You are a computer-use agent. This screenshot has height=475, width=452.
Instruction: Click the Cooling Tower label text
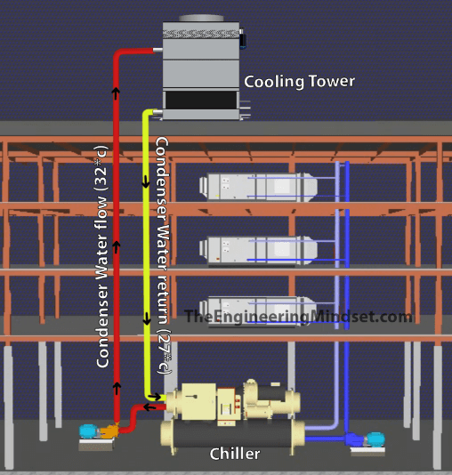(299, 82)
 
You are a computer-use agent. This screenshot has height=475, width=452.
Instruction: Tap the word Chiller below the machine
(235, 454)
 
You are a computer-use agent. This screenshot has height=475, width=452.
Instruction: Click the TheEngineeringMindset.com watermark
(298, 317)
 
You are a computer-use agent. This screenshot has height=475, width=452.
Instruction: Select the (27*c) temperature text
(165, 352)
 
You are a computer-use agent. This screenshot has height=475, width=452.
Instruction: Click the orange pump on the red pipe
(109, 431)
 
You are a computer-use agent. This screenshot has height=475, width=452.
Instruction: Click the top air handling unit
(258, 187)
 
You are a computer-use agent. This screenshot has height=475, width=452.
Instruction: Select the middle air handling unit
(258, 251)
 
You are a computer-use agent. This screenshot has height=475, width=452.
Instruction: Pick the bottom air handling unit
(258, 311)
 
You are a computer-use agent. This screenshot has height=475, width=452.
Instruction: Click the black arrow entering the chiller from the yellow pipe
(155, 397)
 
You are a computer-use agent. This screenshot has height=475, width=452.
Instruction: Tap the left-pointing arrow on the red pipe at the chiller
(150, 407)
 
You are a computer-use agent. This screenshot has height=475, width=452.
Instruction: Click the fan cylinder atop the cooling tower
(201, 18)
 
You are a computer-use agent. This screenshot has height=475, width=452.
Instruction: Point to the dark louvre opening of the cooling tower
(200, 100)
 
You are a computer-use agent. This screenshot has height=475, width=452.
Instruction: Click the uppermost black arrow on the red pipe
(116, 93)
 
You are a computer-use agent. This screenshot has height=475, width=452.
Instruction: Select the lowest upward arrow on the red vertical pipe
(117, 388)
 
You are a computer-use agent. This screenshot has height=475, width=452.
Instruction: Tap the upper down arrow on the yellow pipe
(146, 181)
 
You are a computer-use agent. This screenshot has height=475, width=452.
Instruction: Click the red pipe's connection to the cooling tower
(157, 50)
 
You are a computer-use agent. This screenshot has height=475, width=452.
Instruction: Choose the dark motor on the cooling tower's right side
(243, 39)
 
